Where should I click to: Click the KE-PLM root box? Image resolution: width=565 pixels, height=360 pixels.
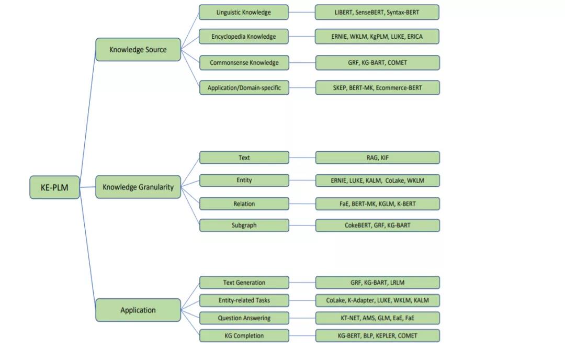pos(54,187)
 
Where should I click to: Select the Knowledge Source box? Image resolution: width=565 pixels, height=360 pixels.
pos(138,49)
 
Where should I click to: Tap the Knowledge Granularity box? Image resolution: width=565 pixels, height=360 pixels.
pos(138,187)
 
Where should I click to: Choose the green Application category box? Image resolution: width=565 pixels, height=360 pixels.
pos(138,310)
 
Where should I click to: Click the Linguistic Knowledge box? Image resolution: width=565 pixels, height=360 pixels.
pos(244,12)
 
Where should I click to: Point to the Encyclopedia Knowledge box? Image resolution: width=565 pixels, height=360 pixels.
pos(244,37)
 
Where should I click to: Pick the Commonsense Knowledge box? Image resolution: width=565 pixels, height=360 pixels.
pos(244,63)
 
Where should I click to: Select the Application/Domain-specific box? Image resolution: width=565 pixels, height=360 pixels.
pos(244,87)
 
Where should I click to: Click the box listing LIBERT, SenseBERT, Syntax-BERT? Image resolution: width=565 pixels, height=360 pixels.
pos(377,12)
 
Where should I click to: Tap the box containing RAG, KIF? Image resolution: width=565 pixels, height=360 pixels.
pos(378,157)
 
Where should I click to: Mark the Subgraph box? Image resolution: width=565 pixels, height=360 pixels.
pos(244,225)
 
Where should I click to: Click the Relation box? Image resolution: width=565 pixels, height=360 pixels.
pos(244,204)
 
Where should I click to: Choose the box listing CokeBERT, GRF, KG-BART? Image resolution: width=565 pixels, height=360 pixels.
pos(378,225)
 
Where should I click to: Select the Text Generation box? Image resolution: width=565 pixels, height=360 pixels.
pos(244,283)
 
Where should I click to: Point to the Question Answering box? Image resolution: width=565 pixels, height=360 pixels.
pos(244,318)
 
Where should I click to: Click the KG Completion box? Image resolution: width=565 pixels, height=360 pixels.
pos(244,335)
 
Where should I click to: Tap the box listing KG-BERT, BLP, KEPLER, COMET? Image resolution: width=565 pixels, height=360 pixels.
pos(378,335)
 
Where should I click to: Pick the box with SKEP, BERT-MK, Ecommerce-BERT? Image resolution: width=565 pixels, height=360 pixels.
pos(378,87)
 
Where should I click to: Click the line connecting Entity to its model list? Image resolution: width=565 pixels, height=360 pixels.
pos(302,181)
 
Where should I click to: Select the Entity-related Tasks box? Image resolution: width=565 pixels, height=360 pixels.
pos(244,300)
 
